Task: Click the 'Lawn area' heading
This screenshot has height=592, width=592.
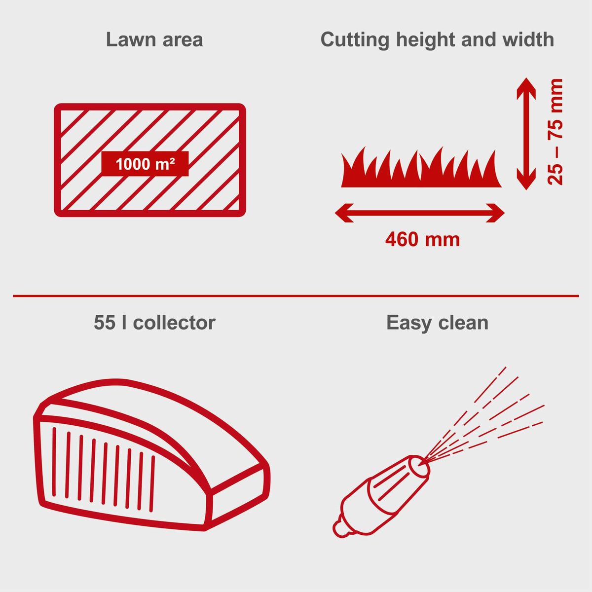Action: (154, 40)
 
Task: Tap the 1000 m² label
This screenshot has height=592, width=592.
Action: (145, 164)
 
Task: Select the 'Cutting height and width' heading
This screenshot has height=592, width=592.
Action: (437, 40)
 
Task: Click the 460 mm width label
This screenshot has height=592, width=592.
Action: (422, 240)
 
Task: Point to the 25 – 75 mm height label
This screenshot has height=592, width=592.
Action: (555, 132)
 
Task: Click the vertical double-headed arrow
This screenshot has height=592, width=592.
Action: (526, 133)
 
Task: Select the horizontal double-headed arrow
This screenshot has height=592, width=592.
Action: (419, 213)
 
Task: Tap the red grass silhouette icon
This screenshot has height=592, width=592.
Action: (420, 170)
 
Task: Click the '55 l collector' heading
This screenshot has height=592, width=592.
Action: (154, 323)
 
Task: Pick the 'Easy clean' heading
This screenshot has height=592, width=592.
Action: (437, 323)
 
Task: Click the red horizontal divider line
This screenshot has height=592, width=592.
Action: (296, 296)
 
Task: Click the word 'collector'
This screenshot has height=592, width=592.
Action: (174, 323)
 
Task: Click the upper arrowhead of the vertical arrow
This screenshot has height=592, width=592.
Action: (526, 86)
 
